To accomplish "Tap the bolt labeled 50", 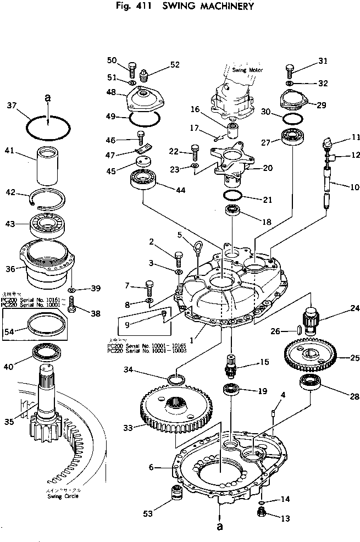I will tap(132, 69).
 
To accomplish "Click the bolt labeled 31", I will tap(290, 70).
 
